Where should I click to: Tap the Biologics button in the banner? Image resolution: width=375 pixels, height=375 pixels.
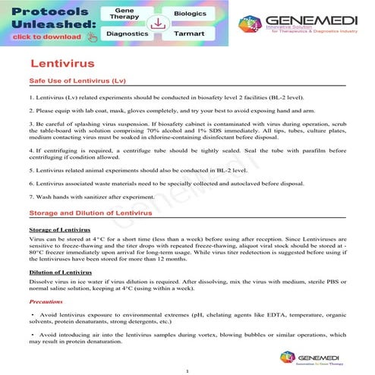(x=191, y=13)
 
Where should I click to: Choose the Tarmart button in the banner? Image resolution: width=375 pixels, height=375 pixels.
(x=190, y=34)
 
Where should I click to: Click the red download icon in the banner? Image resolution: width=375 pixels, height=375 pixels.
(x=158, y=24)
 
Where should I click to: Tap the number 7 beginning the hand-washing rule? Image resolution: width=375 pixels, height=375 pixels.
(x=30, y=198)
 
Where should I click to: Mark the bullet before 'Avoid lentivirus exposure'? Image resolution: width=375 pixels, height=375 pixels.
(x=33, y=314)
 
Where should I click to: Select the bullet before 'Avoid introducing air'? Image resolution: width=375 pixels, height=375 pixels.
(x=33, y=334)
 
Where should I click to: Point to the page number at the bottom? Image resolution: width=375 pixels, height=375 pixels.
(x=187, y=370)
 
